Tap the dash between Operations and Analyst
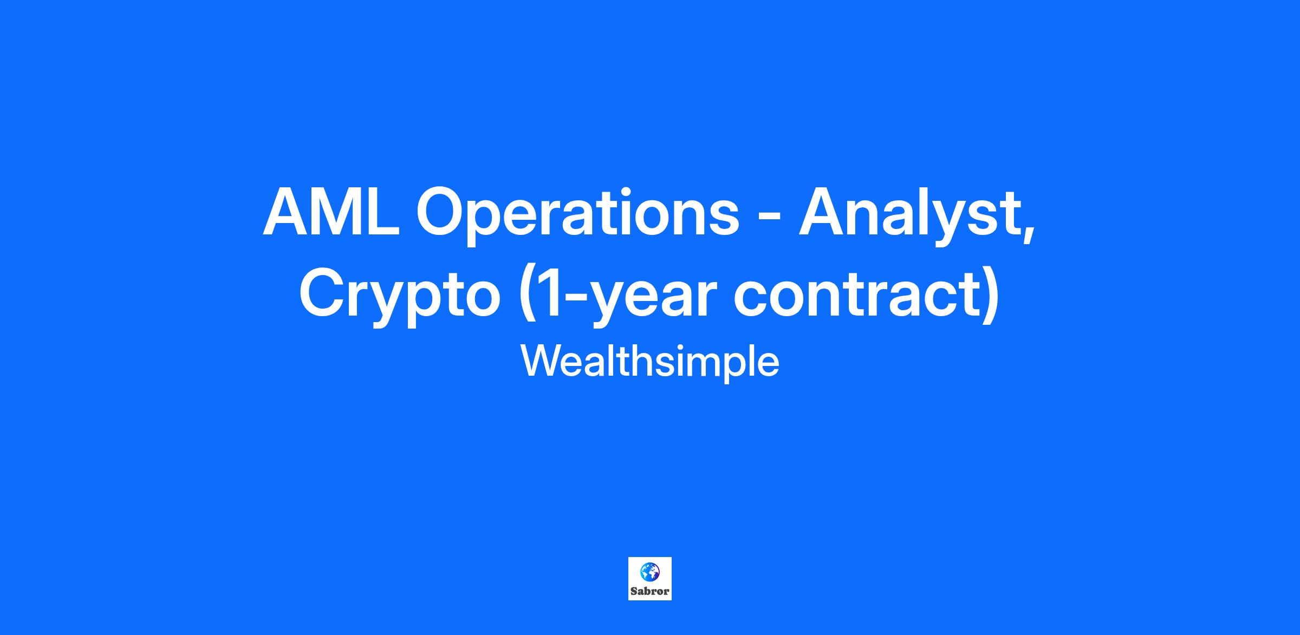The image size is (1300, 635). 769,218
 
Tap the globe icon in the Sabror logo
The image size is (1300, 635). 649,572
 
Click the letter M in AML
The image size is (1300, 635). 337,212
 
